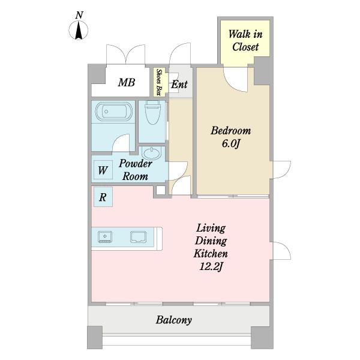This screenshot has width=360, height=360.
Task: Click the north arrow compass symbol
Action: point(79,30)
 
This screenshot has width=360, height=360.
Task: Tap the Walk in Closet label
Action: point(245,41)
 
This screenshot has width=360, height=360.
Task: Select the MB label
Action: point(127,83)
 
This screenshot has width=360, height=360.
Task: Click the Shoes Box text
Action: point(158,82)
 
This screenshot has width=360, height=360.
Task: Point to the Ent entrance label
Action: point(179,84)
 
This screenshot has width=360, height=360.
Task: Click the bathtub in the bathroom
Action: point(114,112)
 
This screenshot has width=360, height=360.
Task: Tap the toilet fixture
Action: point(152,113)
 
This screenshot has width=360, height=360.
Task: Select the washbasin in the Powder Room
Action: point(151,152)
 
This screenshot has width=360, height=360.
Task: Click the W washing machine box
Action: point(103,170)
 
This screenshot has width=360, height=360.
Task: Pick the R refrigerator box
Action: point(103,197)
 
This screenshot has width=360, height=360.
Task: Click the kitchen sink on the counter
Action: point(138,237)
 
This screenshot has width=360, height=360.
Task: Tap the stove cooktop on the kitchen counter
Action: point(105,237)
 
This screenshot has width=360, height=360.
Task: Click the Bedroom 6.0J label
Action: point(231,137)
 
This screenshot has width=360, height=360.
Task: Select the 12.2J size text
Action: point(211,267)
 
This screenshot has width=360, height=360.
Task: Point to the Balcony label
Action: point(174,320)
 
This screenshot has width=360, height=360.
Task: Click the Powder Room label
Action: point(136,170)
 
